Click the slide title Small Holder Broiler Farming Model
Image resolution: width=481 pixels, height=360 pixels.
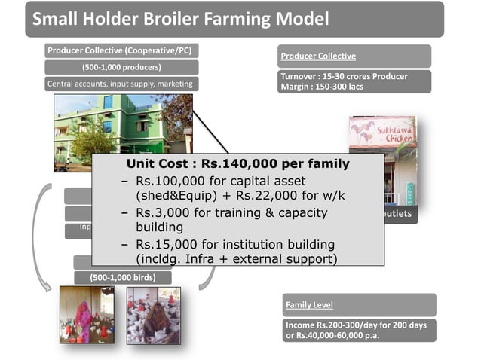coord(181,19)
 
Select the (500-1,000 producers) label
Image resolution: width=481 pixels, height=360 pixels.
coord(121,68)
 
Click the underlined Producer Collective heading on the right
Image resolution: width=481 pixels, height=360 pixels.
coord(318,56)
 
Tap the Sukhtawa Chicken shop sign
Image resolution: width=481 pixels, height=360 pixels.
coord(382,134)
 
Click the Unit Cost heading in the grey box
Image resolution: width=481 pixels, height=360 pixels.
coord(238,163)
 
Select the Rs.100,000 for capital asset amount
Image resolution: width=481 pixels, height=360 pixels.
coord(173,182)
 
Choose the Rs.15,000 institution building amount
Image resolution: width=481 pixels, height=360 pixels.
coord(170,245)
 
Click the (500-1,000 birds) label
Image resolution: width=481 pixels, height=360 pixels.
coord(122,277)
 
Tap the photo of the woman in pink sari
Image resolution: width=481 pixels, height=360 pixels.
coord(87,314)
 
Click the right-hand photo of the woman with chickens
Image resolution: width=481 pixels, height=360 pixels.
coord(153,314)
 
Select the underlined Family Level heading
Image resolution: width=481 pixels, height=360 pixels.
coord(309,305)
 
